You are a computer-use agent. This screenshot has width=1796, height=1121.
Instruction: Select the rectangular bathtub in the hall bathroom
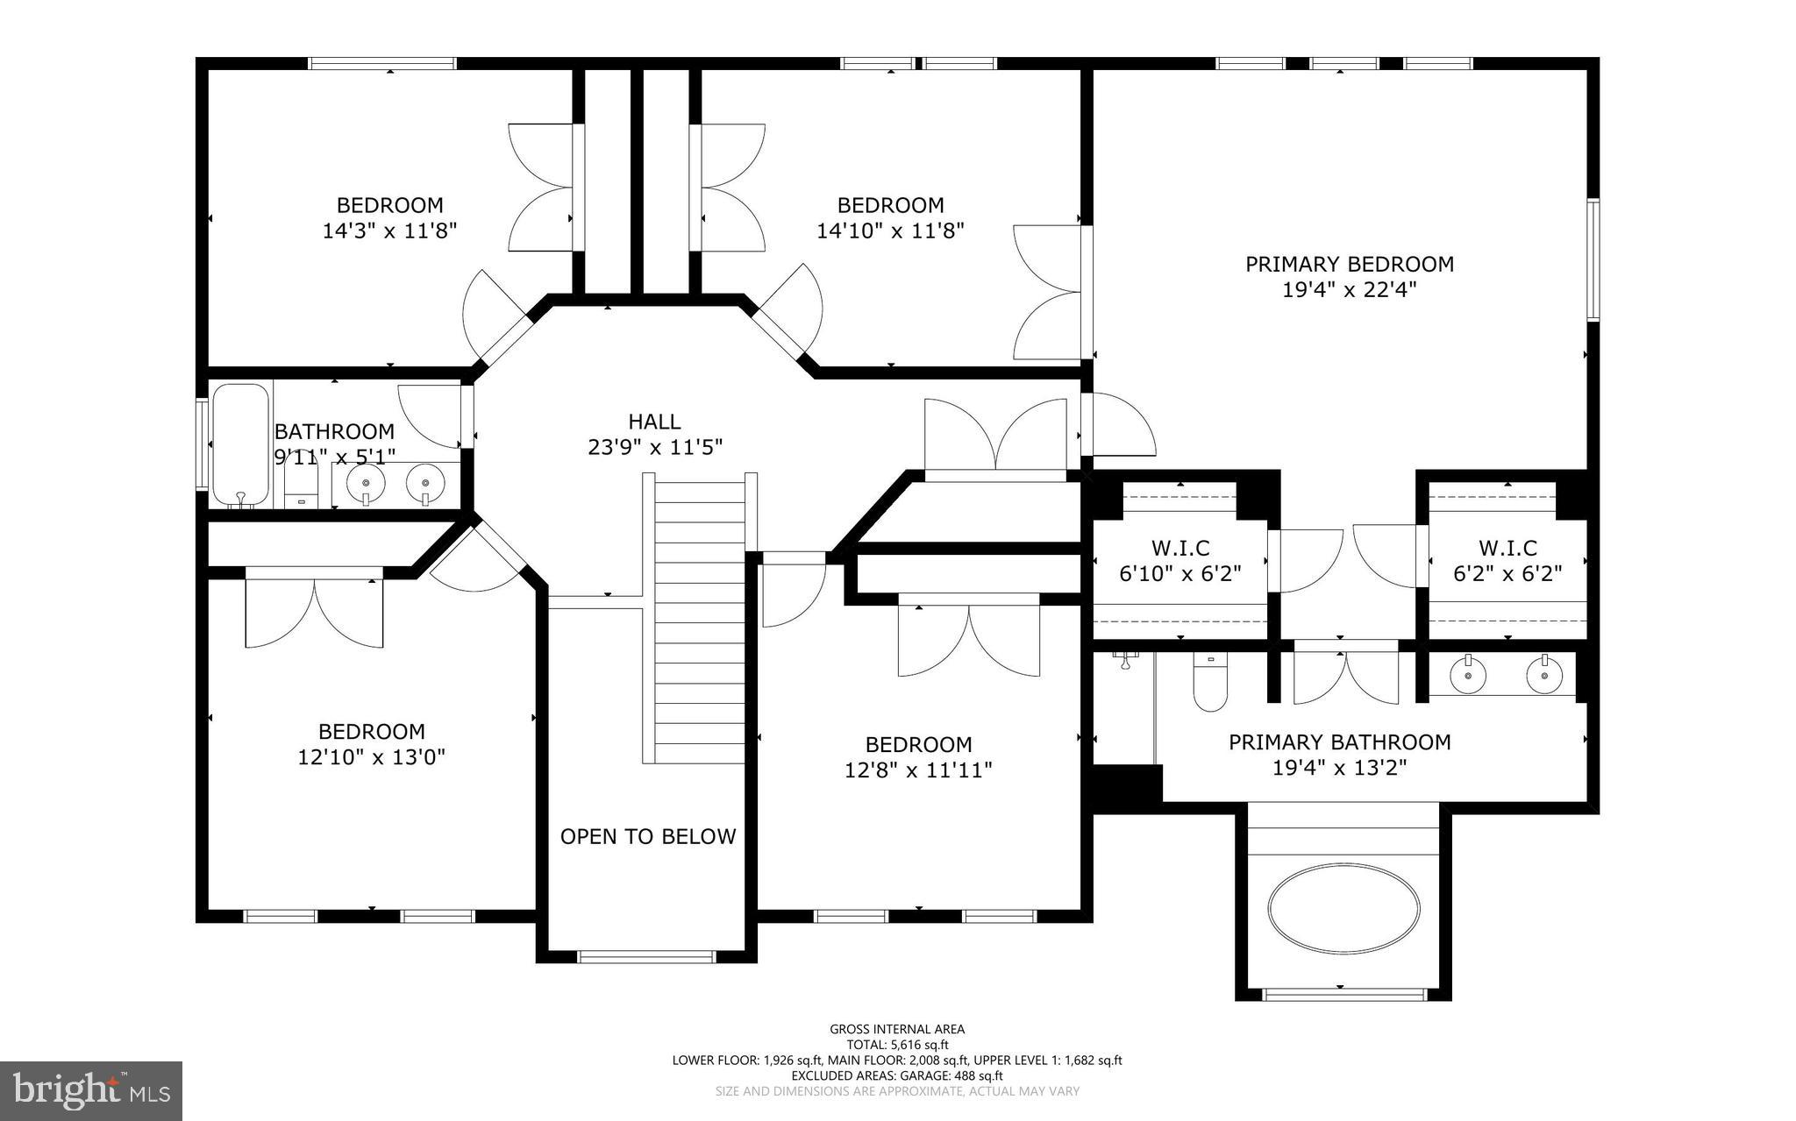(240, 444)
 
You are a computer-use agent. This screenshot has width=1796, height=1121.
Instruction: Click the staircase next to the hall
(700, 618)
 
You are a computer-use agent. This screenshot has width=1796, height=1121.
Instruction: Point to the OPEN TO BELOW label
(648, 837)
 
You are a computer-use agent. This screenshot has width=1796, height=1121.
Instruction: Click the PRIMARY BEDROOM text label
(1350, 264)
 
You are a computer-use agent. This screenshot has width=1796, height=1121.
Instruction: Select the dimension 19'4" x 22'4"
(1350, 290)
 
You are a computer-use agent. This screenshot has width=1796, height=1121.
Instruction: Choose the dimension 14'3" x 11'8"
(390, 231)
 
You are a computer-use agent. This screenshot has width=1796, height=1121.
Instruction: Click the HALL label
(654, 422)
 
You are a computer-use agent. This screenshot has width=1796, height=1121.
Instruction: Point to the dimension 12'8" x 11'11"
(918, 770)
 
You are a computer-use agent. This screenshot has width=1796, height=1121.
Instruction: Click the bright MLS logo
(91, 1091)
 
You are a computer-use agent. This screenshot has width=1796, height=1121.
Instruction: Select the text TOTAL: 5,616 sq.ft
(897, 1045)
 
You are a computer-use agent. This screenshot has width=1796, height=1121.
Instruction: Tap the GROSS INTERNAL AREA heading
(897, 1030)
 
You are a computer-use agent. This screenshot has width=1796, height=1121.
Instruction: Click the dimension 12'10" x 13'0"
(372, 757)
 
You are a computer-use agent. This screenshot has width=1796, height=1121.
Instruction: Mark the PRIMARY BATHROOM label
(1339, 742)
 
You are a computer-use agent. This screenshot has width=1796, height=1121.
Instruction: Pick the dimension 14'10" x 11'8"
(890, 231)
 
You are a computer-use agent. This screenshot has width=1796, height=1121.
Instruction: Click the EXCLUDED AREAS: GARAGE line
(897, 1075)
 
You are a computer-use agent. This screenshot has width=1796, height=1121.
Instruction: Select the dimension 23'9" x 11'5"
(654, 448)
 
